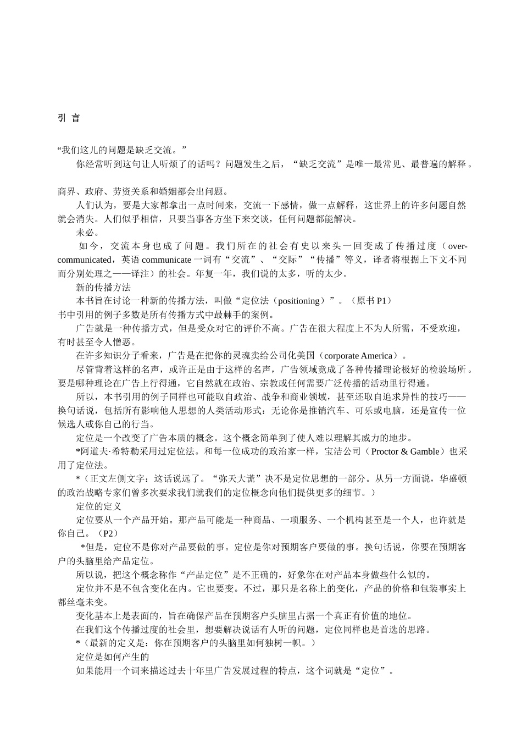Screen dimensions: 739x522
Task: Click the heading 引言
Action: coord(69,118)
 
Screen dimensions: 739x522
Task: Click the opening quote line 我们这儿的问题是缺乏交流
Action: coord(122,150)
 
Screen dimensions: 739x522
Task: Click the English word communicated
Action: coord(84,260)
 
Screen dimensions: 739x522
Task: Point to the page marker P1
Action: coord(382,301)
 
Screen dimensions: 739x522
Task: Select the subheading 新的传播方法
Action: coord(103,287)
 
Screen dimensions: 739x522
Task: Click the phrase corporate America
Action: coord(359,356)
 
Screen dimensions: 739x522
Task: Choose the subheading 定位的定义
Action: coord(99,506)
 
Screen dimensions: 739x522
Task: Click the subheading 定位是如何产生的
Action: coord(113,657)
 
